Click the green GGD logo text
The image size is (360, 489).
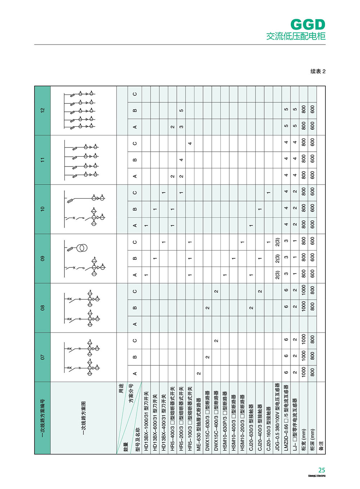pyautogui.click(x=307, y=25)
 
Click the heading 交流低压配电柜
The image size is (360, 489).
pyautogui.click(x=296, y=36)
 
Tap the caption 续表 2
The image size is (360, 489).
pyautogui.click(x=318, y=71)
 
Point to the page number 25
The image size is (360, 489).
pyautogui.click(x=321, y=470)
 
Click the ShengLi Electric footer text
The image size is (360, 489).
pyautogui.click(x=317, y=476)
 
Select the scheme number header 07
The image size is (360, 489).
pyautogui.click(x=42, y=357)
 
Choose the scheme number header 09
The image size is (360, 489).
pyautogui.click(x=42, y=258)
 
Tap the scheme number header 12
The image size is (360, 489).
pyautogui.click(x=42, y=110)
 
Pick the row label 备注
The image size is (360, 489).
pyautogui.click(x=321, y=445)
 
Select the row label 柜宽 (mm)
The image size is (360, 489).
pyautogui.click(x=303, y=440)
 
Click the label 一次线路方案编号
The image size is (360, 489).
pyautogui.click(x=42, y=418)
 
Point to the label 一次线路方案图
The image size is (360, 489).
pyautogui.click(x=84, y=418)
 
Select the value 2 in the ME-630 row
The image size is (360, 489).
pyautogui.click(x=199, y=373)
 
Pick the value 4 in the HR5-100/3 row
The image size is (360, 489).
pyautogui.click(x=190, y=143)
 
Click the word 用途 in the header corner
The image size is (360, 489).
pyautogui.click(x=121, y=388)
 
